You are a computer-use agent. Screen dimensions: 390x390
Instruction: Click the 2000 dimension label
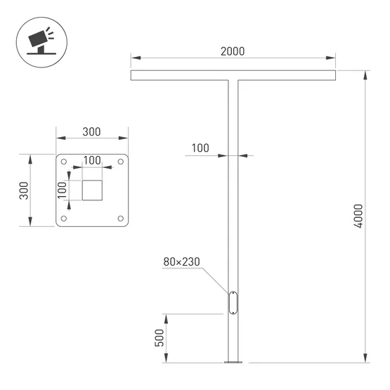(233, 52)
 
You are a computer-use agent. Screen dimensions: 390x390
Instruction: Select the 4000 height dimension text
(358, 216)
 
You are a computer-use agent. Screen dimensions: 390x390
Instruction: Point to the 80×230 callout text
(181, 261)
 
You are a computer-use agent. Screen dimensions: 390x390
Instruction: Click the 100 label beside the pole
(200, 148)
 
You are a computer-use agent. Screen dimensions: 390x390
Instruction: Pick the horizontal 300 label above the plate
(91, 132)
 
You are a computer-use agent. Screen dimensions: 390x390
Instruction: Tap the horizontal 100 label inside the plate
(92, 160)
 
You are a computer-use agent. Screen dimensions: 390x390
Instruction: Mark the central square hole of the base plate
(92, 190)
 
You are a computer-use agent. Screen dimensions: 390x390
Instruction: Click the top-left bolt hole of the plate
(64, 162)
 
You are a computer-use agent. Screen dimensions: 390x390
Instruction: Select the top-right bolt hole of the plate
(120, 162)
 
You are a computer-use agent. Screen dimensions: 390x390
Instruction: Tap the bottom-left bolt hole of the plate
(64, 219)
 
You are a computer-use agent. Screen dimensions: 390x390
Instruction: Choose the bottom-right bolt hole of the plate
(120, 219)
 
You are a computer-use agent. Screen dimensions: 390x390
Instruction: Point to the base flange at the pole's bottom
(233, 363)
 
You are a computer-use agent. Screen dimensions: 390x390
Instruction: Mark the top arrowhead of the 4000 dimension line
(366, 74)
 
